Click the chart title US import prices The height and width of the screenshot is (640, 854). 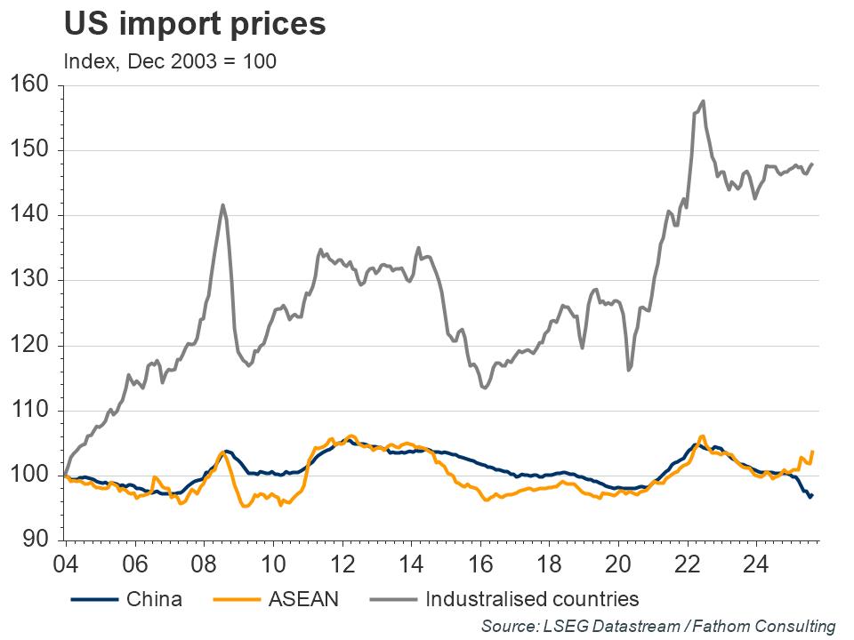click(194, 24)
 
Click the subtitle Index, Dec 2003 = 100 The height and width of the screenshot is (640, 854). click(169, 61)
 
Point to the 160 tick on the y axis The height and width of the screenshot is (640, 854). click(29, 85)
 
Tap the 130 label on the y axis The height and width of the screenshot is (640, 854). click(29, 280)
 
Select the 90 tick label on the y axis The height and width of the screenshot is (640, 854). click(35, 540)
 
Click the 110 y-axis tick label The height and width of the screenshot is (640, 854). click(29, 411)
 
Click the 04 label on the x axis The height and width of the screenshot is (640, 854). click(65, 564)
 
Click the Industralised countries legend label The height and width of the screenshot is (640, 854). click(532, 599)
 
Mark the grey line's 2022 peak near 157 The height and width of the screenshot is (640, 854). click(704, 101)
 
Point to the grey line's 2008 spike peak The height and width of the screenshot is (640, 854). click(222, 205)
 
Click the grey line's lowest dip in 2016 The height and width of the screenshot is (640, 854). click(483, 388)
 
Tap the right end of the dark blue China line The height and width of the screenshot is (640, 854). click(812, 495)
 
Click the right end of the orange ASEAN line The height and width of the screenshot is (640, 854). click(813, 452)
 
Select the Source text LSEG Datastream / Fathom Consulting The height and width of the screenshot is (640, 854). click(658, 626)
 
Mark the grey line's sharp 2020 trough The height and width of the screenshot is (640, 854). click(629, 369)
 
